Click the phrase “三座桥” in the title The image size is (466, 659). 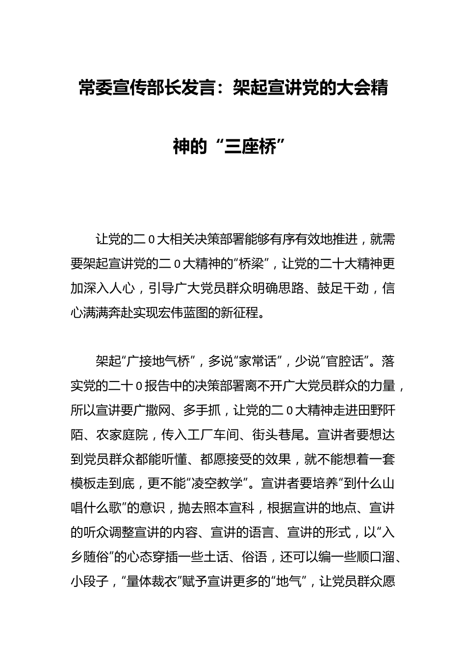(255, 146)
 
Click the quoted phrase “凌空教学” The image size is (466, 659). (219, 483)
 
